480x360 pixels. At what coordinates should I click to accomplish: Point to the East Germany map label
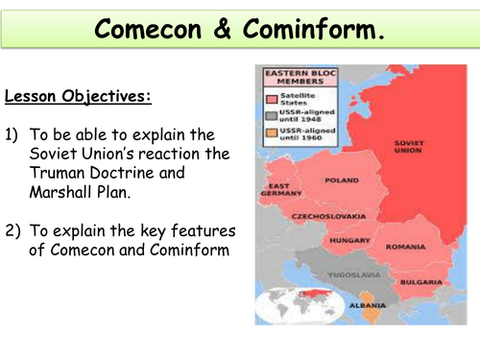click(279, 189)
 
